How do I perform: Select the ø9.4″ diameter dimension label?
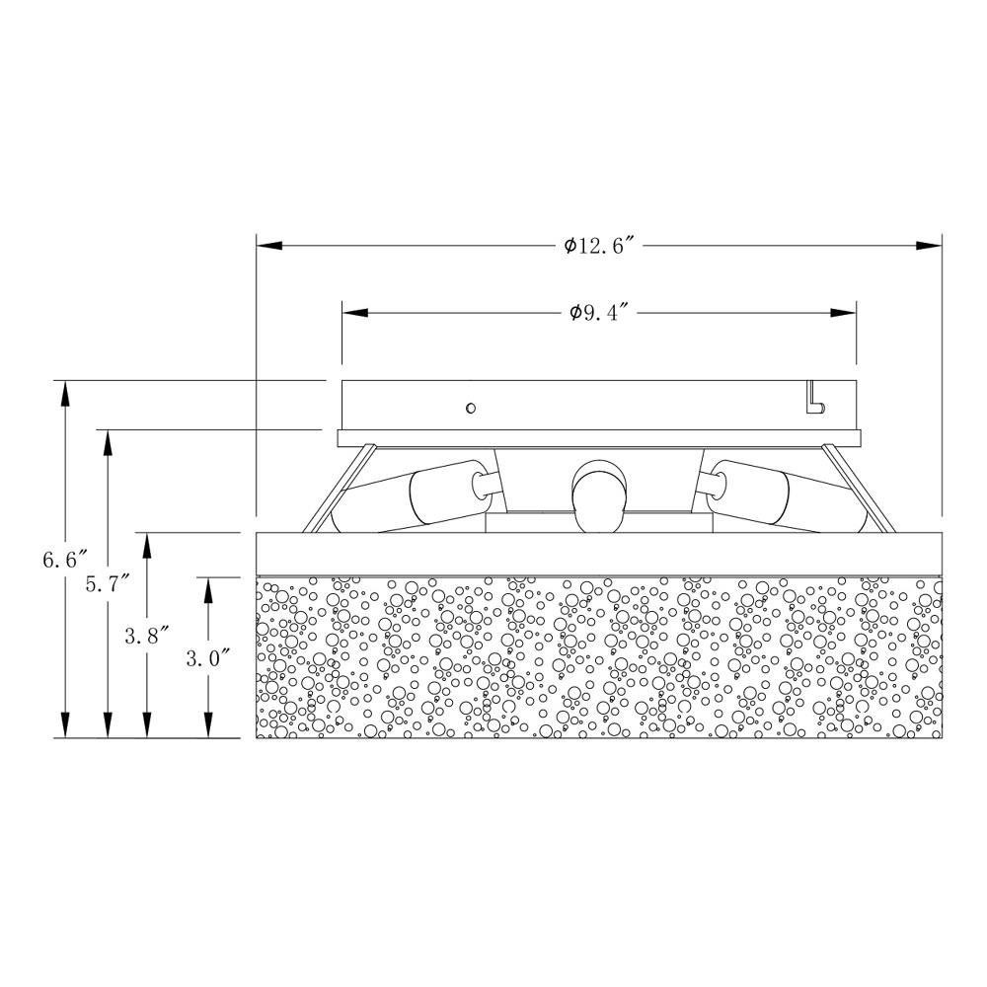pyautogui.click(x=600, y=312)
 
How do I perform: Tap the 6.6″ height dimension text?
pyautogui.click(x=64, y=559)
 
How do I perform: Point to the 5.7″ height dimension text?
pyautogui.click(x=108, y=584)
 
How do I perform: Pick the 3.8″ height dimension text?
pyautogui.click(x=147, y=636)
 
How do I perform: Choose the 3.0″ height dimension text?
pyautogui.click(x=207, y=658)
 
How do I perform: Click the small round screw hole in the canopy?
pyautogui.click(x=470, y=408)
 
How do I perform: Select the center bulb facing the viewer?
pyautogui.click(x=599, y=496)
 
